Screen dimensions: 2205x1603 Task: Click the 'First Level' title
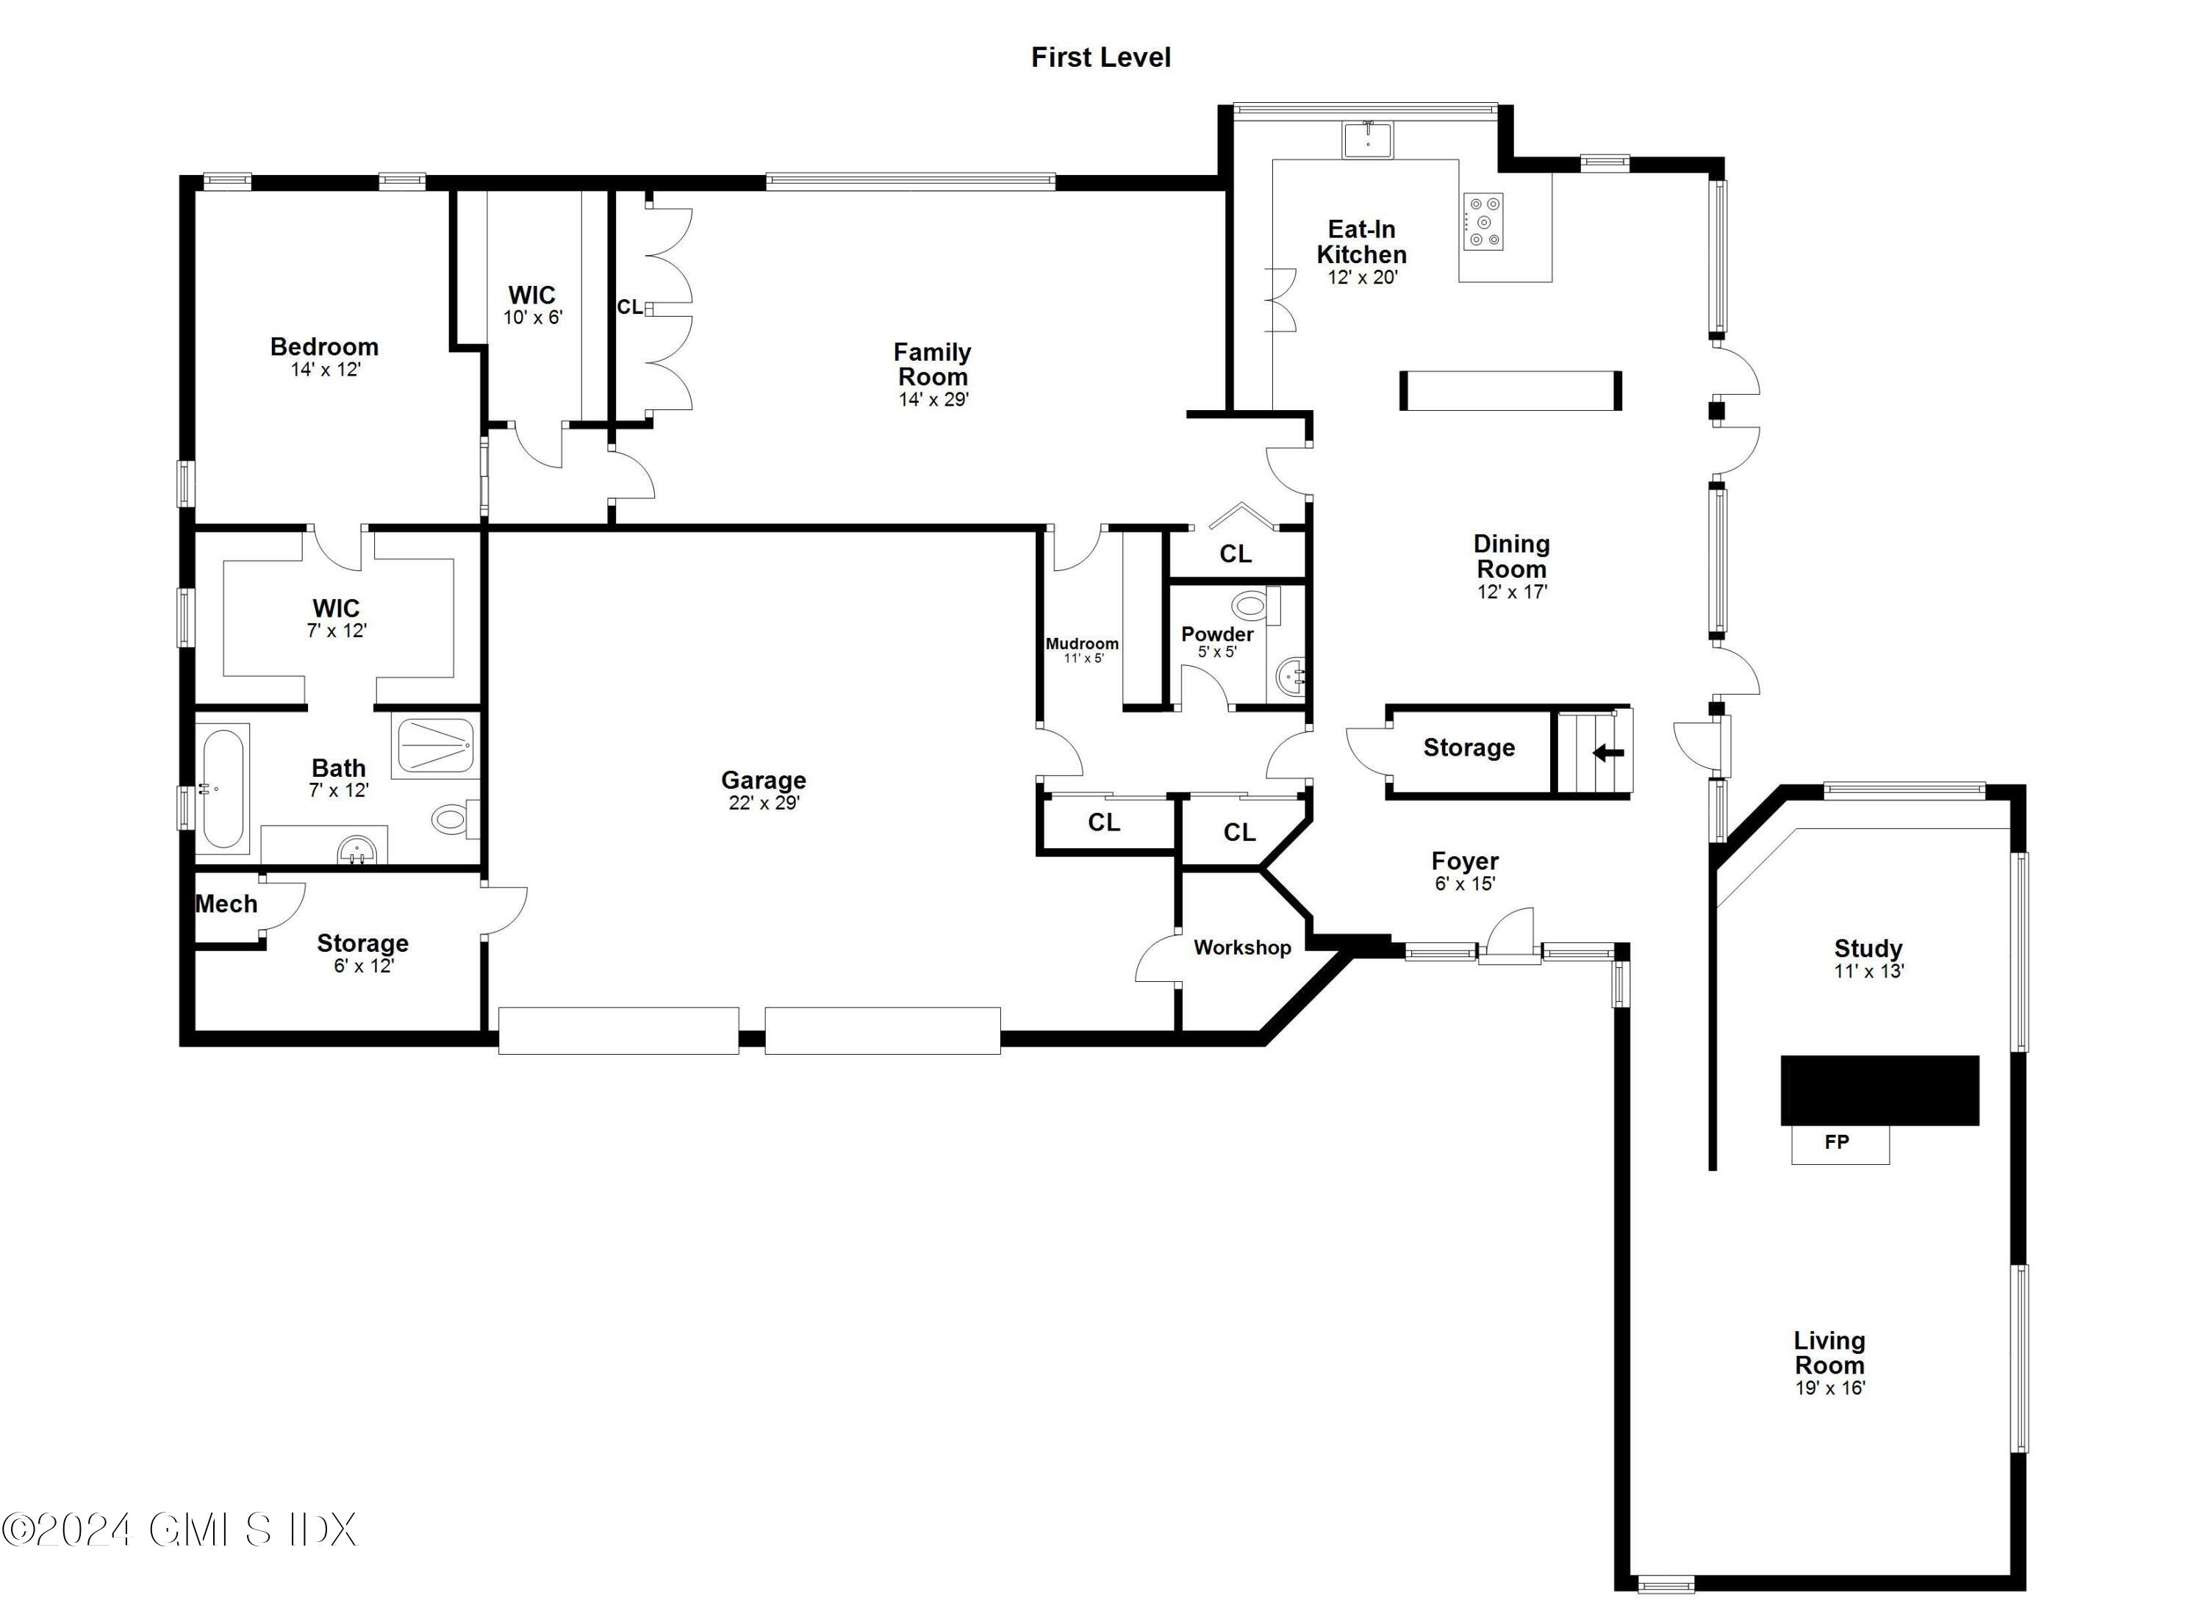[x=1100, y=57]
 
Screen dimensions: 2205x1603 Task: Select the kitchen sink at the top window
[x=1368, y=140]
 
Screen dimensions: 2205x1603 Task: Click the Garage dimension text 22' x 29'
[x=764, y=803]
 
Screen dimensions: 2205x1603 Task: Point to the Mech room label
[x=226, y=904]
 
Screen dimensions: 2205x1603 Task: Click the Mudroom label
[x=1082, y=644]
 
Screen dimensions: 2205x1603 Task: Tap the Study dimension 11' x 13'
[x=1868, y=971]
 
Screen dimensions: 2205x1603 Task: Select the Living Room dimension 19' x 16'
[x=1829, y=1388]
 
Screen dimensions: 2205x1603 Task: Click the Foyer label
[x=1465, y=861]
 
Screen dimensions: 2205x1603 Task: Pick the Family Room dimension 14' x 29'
[x=933, y=400]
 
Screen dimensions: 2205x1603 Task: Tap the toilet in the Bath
[x=455, y=820]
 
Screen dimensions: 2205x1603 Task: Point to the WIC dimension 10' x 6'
[x=533, y=318]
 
